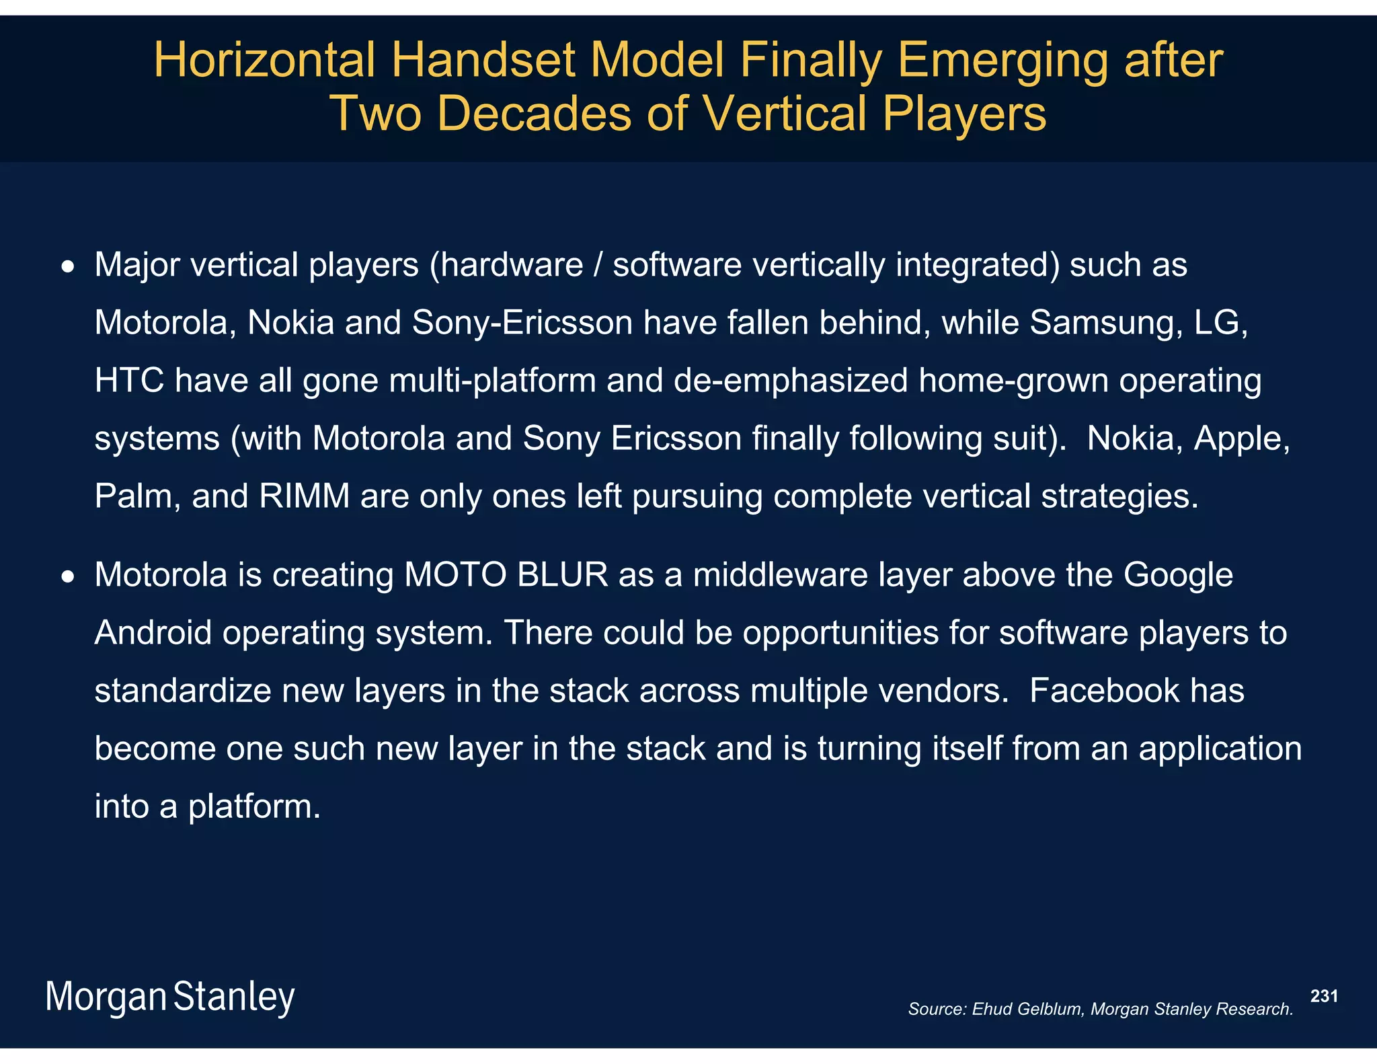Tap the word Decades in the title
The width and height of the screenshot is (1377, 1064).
pyautogui.click(x=534, y=113)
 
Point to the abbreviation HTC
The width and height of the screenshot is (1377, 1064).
pyautogui.click(x=129, y=381)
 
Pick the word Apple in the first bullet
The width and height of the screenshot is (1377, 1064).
pyautogui.click(x=1241, y=439)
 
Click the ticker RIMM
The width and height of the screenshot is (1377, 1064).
pyautogui.click(x=304, y=497)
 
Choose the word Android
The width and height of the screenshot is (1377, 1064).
pyautogui.click(x=153, y=633)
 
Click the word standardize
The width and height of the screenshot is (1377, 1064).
pyautogui.click(x=182, y=691)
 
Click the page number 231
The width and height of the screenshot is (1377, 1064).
pyautogui.click(x=1324, y=996)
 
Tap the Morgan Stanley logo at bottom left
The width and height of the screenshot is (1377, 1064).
pyautogui.click(x=169, y=997)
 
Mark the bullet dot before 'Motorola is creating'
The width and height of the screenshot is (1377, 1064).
pyautogui.click(x=67, y=578)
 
